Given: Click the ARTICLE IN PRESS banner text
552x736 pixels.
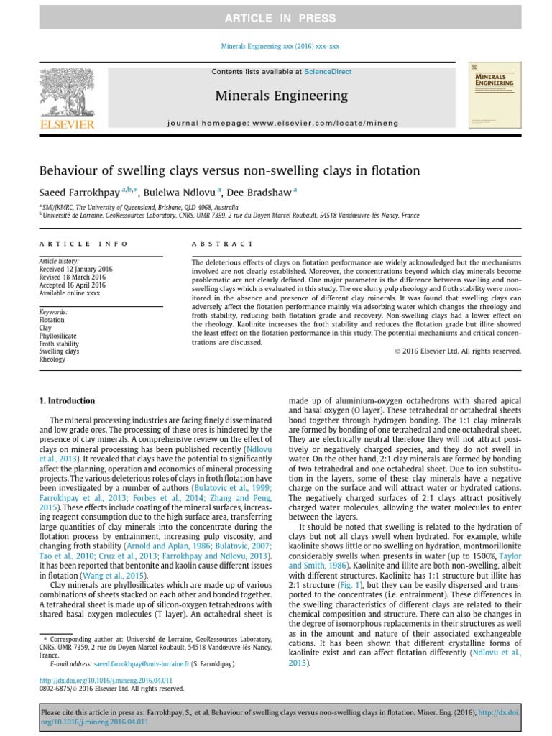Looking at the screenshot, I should point(275,17).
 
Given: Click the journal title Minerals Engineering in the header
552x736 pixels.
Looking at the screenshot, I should point(276,96).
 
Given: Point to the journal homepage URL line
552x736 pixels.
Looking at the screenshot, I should point(276,124).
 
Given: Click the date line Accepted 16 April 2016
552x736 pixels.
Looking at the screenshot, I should point(72,285).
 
